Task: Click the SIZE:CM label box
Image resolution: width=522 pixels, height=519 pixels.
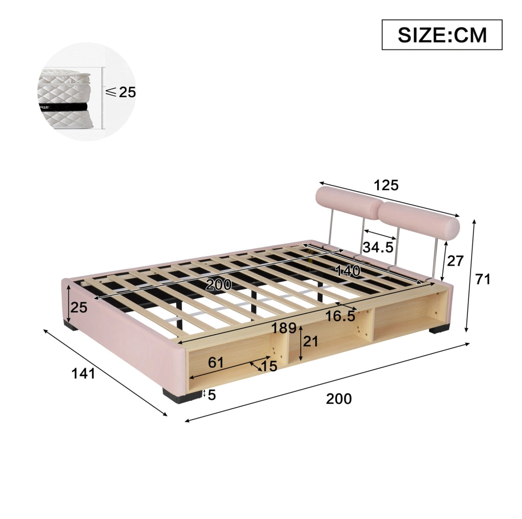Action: pos(442,35)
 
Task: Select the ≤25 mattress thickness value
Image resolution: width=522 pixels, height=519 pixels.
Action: pos(120,92)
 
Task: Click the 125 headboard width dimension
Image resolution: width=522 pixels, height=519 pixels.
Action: pos(386,185)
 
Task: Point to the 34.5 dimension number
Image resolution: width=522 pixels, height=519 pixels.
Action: pos(378,247)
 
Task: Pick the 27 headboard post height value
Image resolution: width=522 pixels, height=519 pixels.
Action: pos(455,261)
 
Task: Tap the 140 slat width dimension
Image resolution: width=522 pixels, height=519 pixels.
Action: pos(348,271)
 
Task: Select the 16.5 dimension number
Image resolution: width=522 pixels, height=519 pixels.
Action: pos(340,316)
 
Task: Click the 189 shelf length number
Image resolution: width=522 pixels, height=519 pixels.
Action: pos(283,328)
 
